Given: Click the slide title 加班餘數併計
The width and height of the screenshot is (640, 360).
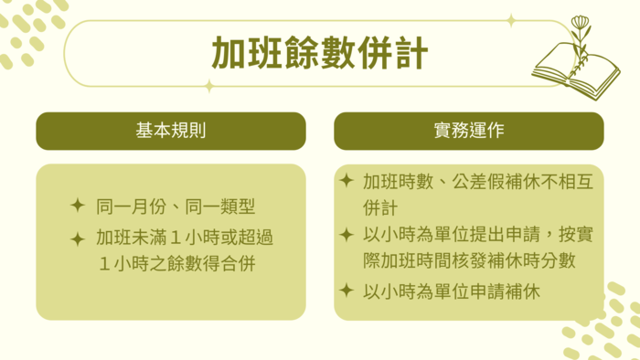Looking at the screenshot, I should pyautogui.click(x=319, y=53).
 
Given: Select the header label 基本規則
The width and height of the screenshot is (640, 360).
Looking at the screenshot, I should pyautogui.click(x=170, y=131).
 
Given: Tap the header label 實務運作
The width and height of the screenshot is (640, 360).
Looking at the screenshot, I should pyautogui.click(x=468, y=131).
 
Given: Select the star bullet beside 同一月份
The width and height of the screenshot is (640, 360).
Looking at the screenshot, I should pyautogui.click(x=78, y=206).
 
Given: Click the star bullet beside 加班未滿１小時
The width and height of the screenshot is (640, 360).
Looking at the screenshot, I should pyautogui.click(x=78, y=238).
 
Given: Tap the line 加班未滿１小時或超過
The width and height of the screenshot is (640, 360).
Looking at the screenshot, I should pyautogui.click(x=185, y=238).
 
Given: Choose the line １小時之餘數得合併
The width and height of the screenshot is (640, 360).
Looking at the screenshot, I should pyautogui.click(x=185, y=265).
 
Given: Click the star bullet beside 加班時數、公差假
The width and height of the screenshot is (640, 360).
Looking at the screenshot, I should pyautogui.click(x=346, y=180).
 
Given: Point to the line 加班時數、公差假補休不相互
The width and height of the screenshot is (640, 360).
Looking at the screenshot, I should pyautogui.click(x=477, y=181).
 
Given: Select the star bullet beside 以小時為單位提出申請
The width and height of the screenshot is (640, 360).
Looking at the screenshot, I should pyautogui.click(x=346, y=235).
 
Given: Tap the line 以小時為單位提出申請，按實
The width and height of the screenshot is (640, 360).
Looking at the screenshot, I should pyautogui.click(x=477, y=236).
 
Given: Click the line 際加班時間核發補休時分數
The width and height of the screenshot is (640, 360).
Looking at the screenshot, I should pyautogui.click(x=468, y=261).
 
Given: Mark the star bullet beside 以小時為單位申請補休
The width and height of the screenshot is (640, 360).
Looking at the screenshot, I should pyautogui.click(x=346, y=291).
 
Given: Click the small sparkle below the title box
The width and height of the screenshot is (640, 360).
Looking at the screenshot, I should pyautogui.click(x=209, y=86).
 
